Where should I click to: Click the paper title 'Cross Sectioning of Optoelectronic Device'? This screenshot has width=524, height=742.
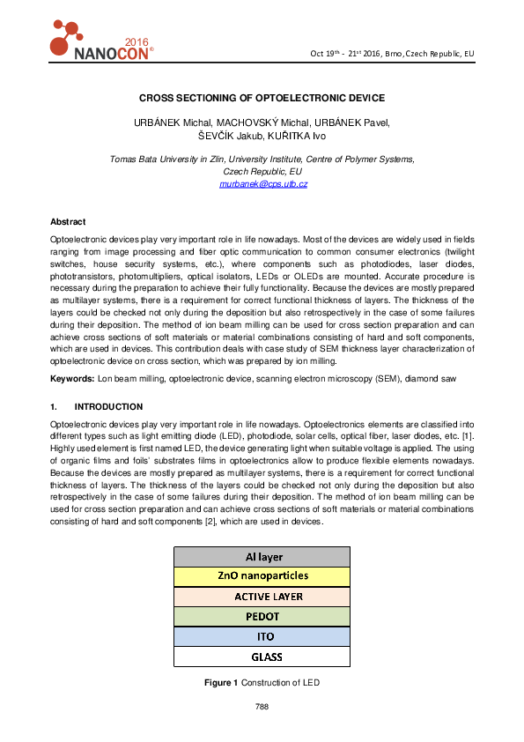click(262, 99)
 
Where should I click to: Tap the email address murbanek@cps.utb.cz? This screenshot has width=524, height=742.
click(262, 183)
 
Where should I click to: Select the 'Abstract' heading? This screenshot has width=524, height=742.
click(68, 221)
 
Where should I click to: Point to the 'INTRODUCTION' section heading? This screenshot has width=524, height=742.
click(108, 407)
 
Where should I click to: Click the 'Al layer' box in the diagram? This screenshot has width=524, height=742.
click(262, 557)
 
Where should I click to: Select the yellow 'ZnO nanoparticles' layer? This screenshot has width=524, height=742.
click(262, 576)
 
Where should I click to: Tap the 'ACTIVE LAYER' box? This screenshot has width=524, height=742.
click(262, 597)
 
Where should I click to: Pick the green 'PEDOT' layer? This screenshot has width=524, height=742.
click(262, 616)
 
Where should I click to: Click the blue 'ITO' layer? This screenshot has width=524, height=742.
click(262, 636)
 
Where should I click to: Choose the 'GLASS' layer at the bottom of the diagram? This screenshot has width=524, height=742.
click(262, 656)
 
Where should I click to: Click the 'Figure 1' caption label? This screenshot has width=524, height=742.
click(222, 683)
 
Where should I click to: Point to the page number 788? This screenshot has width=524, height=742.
click(262, 707)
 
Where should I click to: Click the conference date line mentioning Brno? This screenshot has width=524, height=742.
click(392, 54)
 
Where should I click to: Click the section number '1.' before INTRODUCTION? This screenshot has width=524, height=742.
click(54, 407)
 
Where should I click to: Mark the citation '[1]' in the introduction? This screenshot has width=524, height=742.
click(468, 434)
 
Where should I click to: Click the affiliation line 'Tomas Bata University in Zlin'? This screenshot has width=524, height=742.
click(167, 160)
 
